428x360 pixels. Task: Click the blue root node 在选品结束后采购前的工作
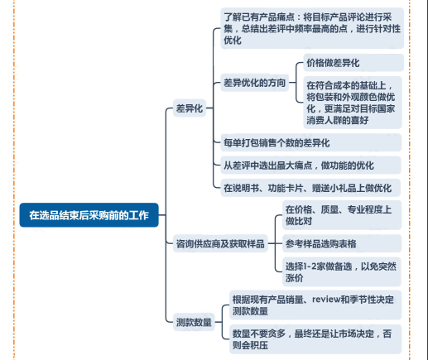(89, 215)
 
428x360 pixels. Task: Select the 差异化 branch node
(190, 108)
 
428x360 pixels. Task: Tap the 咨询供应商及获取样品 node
(220, 243)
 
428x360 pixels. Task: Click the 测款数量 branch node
(194, 322)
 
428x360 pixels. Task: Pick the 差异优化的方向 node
(254, 83)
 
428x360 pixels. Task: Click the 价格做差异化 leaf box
(353, 63)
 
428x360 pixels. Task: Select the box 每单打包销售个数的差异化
(311, 142)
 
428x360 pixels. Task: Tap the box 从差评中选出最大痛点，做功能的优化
(310, 166)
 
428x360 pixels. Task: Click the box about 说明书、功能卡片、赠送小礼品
(310, 188)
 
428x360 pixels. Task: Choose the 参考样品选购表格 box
(342, 243)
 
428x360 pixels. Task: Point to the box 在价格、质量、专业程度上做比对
(342, 215)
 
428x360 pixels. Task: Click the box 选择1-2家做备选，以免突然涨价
(342, 271)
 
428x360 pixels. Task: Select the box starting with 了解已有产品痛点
(312, 28)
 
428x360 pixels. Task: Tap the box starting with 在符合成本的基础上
(353, 103)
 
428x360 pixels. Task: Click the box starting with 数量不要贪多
(315, 339)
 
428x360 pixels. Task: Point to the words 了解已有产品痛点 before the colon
(259, 17)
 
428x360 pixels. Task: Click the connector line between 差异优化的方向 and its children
(296, 83)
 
